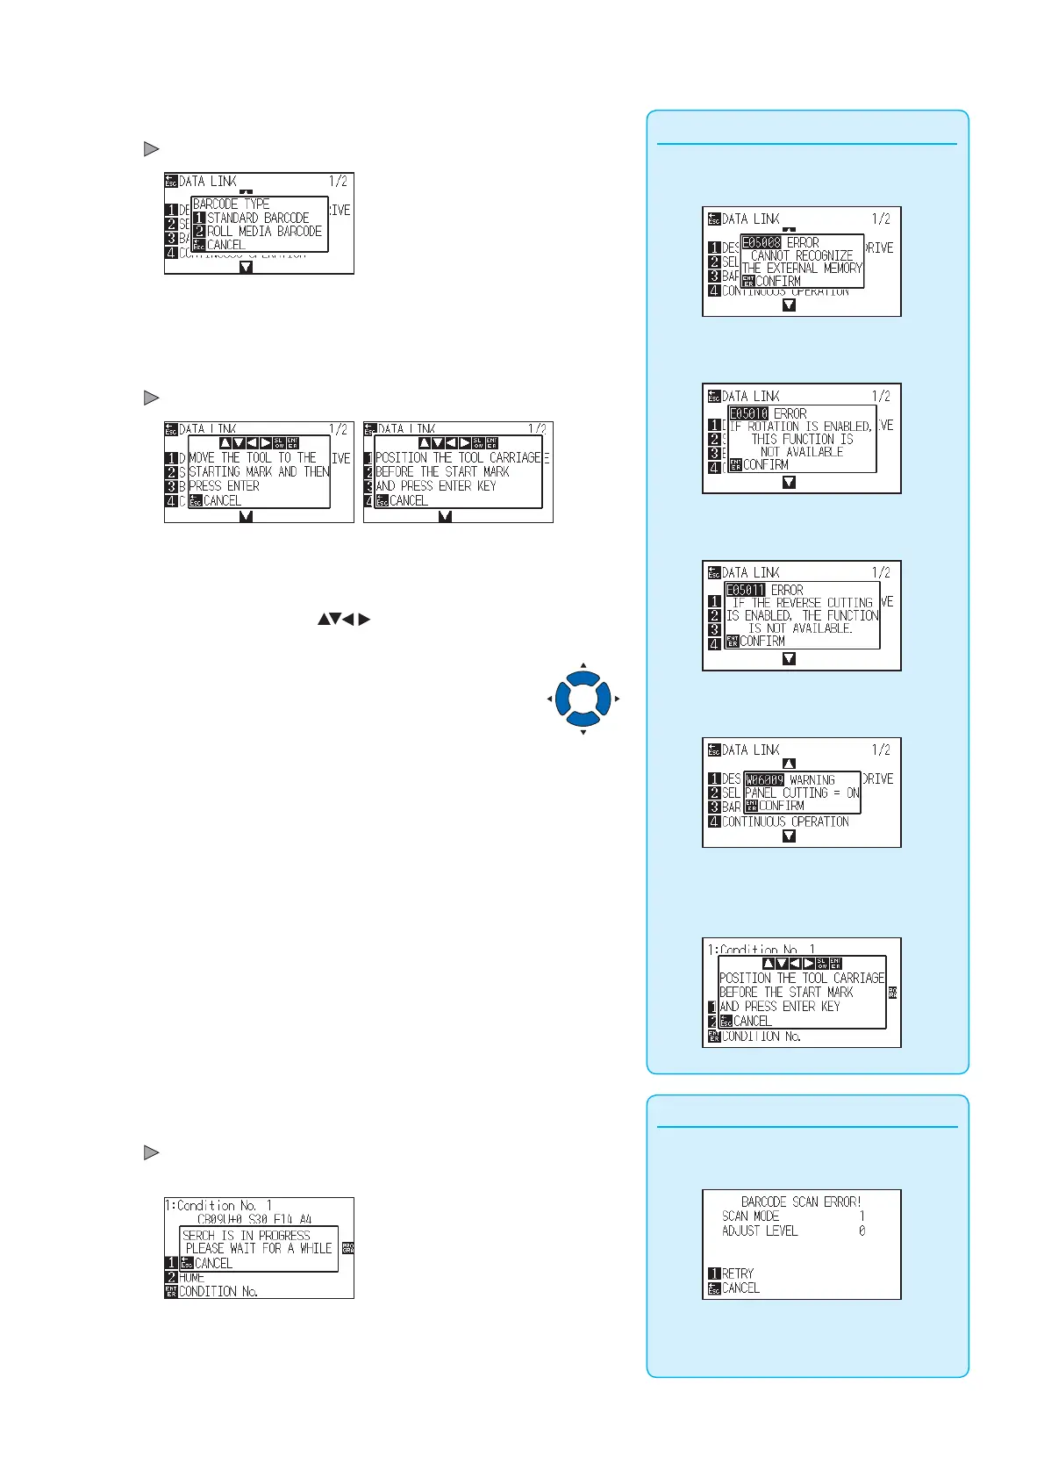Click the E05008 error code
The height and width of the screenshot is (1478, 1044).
click(x=762, y=242)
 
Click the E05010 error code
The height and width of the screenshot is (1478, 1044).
click(x=748, y=413)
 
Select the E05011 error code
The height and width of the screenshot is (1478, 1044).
click(x=746, y=590)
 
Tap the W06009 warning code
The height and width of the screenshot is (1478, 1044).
click(x=764, y=779)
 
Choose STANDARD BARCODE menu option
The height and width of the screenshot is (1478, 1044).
click(x=258, y=218)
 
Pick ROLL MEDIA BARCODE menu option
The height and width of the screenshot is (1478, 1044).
click(x=264, y=231)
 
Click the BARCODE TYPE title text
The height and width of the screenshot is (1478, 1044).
click(x=232, y=204)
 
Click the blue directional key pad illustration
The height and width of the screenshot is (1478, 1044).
click(x=583, y=700)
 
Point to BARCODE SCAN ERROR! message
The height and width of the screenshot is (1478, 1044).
click(x=801, y=1202)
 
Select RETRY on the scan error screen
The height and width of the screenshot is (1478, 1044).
click(x=737, y=1274)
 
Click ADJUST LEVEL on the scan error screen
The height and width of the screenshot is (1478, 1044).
click(x=760, y=1230)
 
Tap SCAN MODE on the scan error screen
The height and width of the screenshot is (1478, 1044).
click(x=750, y=1216)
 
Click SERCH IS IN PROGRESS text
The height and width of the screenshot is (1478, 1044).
click(x=247, y=1235)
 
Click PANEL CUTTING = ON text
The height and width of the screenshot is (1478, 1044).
click(x=802, y=793)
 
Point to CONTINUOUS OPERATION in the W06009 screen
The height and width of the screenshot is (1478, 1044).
click(x=785, y=822)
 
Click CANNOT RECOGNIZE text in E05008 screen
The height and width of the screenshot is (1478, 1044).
click(x=802, y=255)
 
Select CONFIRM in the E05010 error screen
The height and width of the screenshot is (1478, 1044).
click(x=765, y=464)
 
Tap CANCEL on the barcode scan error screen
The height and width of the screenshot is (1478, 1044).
click(x=740, y=1288)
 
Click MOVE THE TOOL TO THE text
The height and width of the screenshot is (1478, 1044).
click(x=253, y=457)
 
